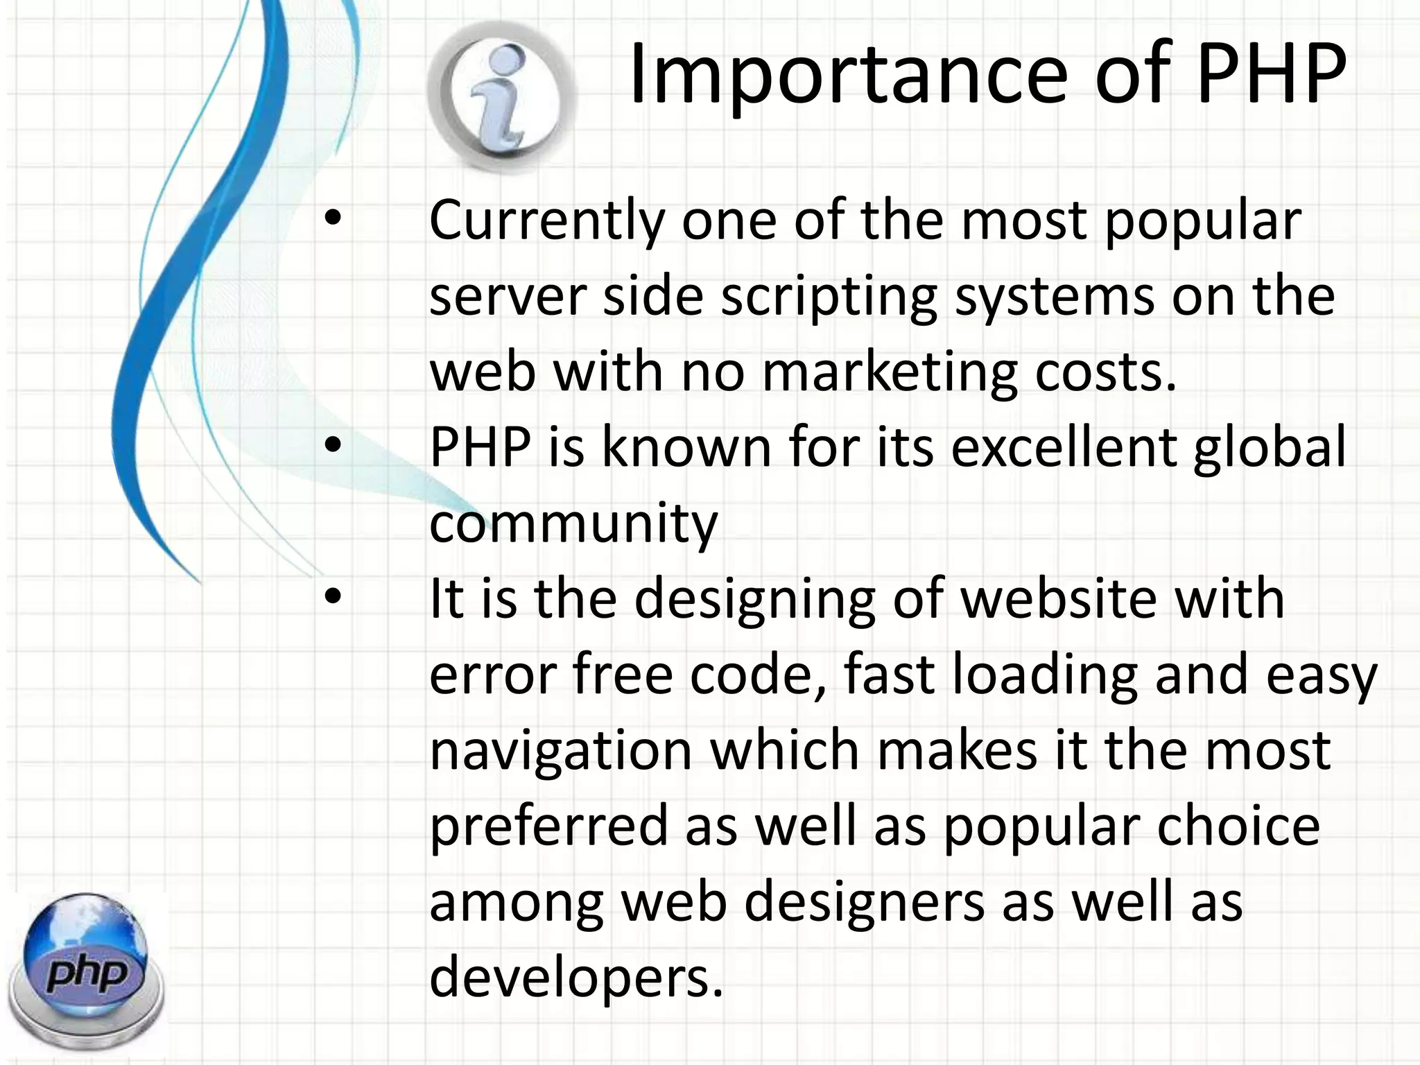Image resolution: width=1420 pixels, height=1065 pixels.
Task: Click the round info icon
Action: (501, 96)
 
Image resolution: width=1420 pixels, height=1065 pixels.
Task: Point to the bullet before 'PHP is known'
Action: (334, 447)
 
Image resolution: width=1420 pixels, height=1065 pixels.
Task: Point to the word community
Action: (573, 524)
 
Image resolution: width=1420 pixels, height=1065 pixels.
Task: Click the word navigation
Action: (561, 752)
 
